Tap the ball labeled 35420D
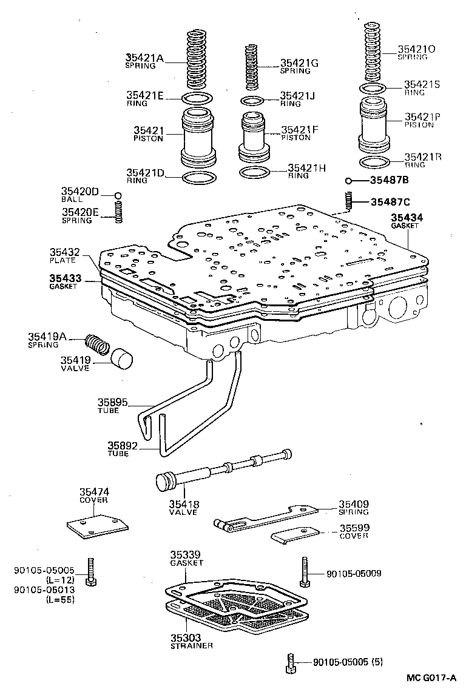(119, 195)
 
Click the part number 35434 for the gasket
(407, 217)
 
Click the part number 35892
(123, 446)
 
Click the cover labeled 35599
(297, 536)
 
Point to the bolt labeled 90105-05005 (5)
(290, 665)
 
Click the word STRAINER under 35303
(191, 646)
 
